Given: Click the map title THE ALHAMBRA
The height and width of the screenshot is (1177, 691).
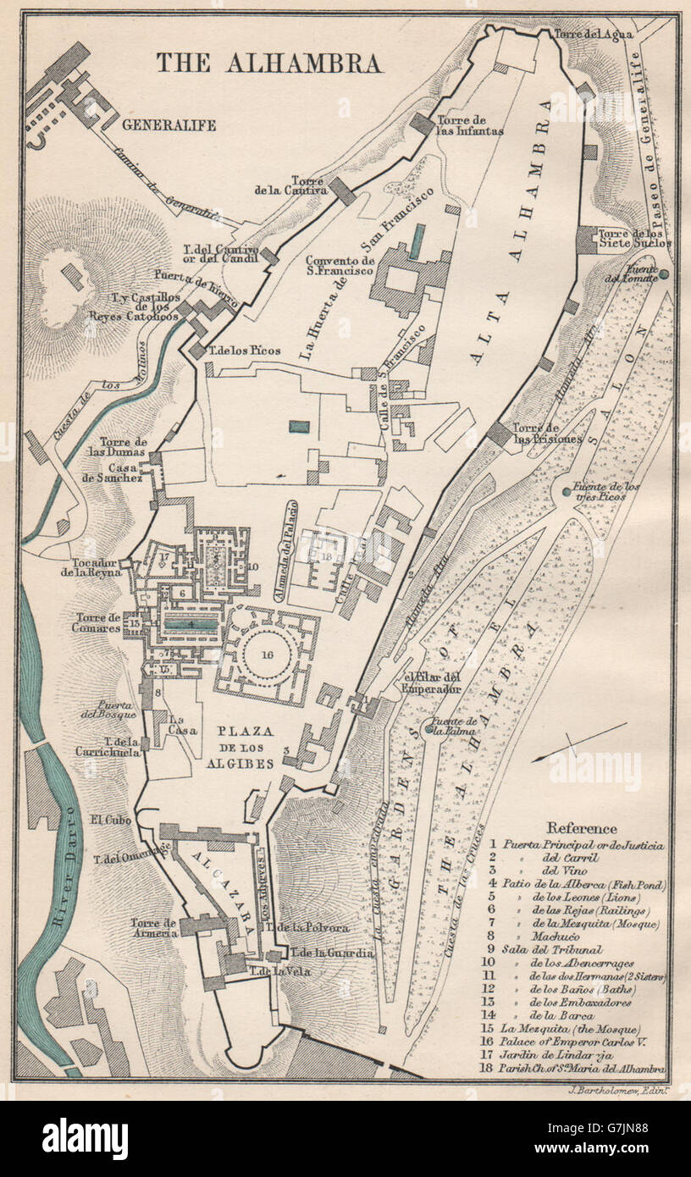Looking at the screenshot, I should tap(268, 63).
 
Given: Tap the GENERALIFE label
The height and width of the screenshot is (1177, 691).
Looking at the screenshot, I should tap(169, 125).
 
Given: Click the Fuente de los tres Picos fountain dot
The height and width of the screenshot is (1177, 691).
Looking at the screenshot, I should tap(566, 491).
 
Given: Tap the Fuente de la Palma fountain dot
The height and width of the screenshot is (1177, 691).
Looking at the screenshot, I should tap(429, 728).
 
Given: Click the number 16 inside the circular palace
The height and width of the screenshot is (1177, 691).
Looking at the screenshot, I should tap(268, 653).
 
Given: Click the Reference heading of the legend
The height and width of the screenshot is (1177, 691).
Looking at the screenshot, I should tap(582, 828).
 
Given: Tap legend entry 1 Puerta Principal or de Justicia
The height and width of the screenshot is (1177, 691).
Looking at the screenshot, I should tap(583, 844).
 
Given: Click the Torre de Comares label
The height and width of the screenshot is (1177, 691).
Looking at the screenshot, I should tap(98, 622).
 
